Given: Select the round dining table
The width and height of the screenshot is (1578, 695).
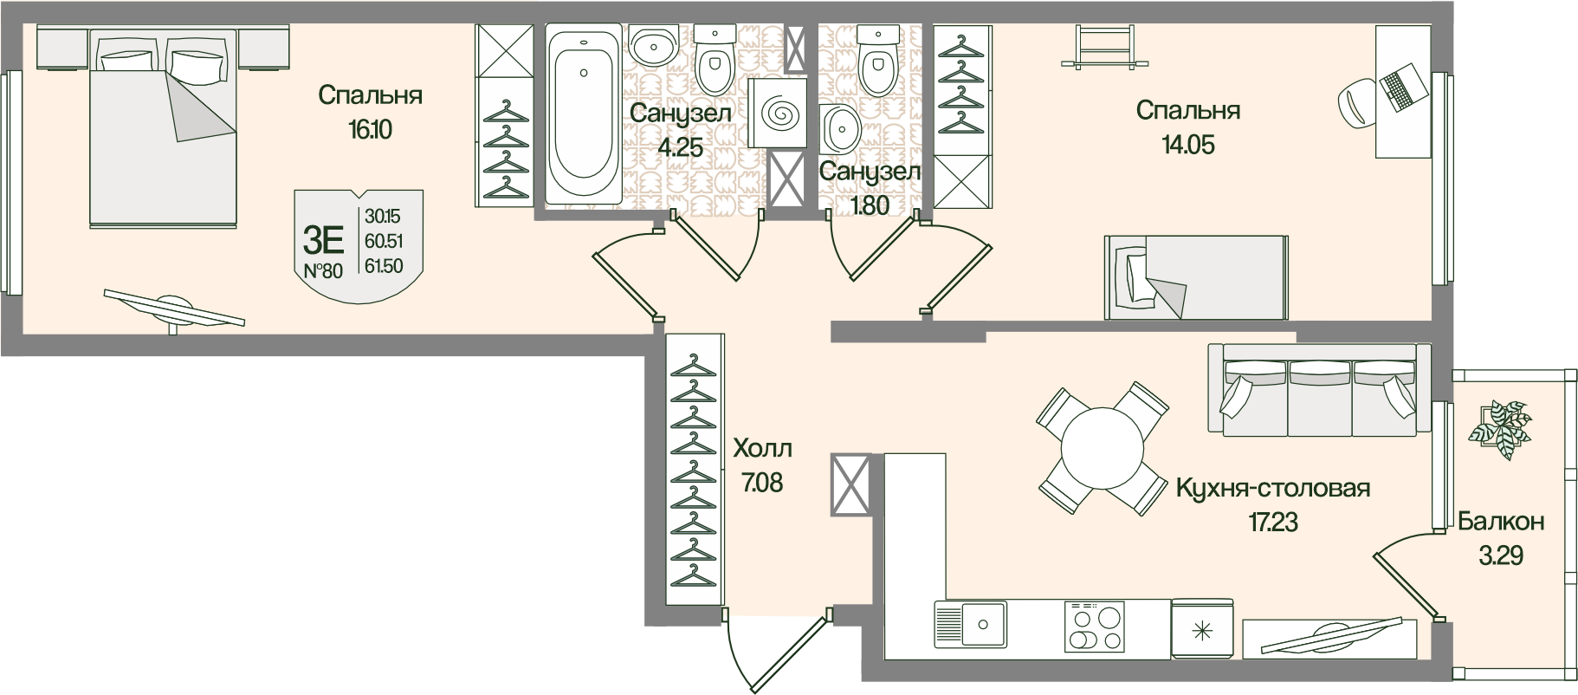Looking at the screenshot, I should (1103, 449).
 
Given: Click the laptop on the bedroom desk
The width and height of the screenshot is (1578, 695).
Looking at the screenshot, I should (1401, 86).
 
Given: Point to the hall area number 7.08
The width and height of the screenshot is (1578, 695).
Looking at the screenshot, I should (762, 481).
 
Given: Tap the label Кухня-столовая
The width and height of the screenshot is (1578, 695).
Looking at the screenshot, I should (1272, 489).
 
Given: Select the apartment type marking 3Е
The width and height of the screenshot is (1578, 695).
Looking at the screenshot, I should (326, 237).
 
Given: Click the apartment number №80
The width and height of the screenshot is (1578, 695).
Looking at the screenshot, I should (324, 270).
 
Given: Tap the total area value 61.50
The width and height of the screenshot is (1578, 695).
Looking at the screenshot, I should (384, 266).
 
